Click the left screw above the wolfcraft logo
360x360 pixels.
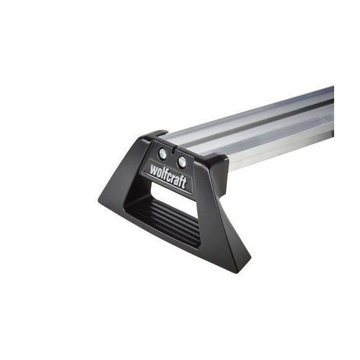[162, 153]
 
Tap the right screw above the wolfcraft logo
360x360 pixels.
[182, 161]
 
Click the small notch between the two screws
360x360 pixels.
[173, 149]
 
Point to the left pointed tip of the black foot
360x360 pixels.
[100, 198]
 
